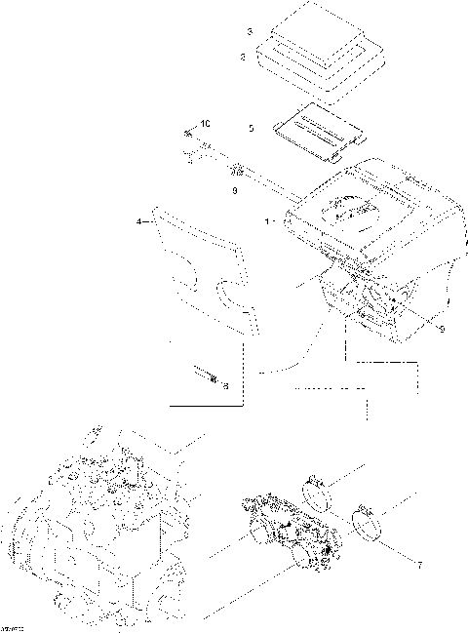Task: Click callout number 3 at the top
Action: (x=251, y=33)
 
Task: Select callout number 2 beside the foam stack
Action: (x=243, y=59)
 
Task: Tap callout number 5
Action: (x=251, y=128)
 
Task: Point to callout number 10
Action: (x=205, y=123)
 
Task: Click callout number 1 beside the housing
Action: (x=266, y=222)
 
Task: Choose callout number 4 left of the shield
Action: (x=140, y=222)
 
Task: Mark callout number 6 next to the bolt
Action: (x=225, y=386)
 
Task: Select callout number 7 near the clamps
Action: (x=421, y=565)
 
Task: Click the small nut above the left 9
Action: (x=233, y=173)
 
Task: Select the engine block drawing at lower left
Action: (x=93, y=532)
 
